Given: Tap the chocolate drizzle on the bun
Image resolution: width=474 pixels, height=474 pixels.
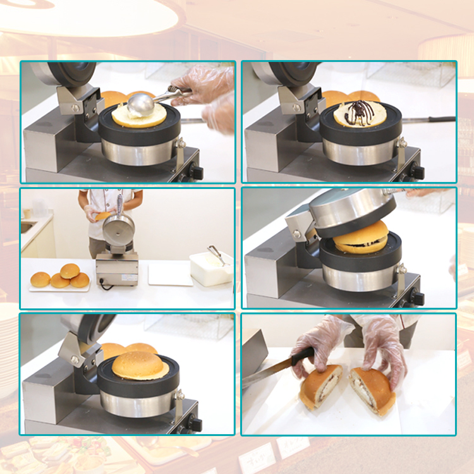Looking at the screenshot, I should click(x=355, y=113).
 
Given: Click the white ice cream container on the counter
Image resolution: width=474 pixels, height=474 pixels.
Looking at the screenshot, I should click(x=210, y=270).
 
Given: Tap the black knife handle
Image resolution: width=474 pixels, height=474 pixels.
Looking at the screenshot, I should click(x=302, y=358).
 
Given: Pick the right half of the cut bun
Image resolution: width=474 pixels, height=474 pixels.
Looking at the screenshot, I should click(x=374, y=390).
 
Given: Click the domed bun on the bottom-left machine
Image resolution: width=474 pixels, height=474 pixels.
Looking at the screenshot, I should click(x=140, y=365).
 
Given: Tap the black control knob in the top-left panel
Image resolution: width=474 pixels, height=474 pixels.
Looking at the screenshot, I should click(x=197, y=172).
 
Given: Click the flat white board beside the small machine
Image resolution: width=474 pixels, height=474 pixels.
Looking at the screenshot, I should click(x=169, y=274).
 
